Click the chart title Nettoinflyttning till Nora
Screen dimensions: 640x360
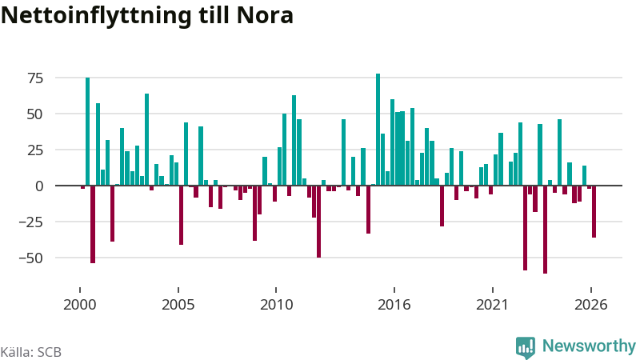click(147, 16)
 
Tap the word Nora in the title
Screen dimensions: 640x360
click(265, 15)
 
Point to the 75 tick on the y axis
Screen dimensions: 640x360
click(35, 78)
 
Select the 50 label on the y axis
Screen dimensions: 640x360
click(35, 114)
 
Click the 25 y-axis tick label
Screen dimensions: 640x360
click(35, 150)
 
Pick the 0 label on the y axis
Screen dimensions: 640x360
click(39, 186)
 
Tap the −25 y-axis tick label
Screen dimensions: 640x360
click(31, 222)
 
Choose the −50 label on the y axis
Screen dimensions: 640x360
click(31, 258)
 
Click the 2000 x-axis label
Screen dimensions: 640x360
click(79, 305)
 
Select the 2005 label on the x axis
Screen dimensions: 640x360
click(178, 305)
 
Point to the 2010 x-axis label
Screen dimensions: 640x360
click(276, 305)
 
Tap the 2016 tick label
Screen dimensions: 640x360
click(394, 305)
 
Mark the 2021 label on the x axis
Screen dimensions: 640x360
click(492, 305)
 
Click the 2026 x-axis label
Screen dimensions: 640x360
click(590, 305)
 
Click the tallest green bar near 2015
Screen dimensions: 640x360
click(378, 130)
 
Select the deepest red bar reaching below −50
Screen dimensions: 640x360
click(545, 230)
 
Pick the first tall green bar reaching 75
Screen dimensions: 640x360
click(87, 131)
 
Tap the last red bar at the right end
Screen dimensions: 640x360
click(594, 211)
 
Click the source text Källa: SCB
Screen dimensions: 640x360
click(31, 352)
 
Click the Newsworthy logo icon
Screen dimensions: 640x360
click(526, 348)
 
